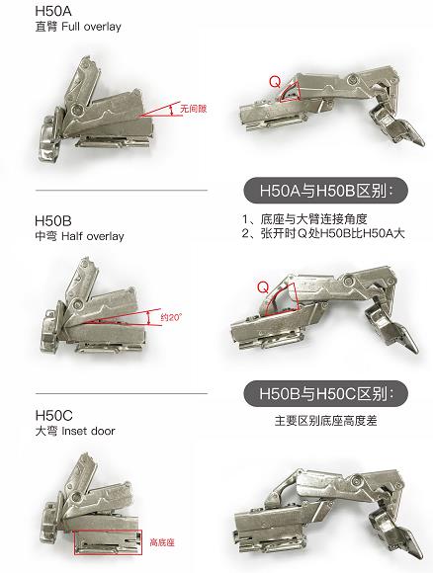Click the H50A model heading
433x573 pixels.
pos(53,11)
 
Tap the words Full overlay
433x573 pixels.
pos(91,27)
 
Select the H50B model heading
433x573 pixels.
pos(53,220)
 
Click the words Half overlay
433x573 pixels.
pos(93,236)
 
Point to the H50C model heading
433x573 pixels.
pos(54,416)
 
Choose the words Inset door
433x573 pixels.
pos(88,431)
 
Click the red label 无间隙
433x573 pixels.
pos(194,109)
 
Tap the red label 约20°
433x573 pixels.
pos(171,317)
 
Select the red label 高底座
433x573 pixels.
pos(162,542)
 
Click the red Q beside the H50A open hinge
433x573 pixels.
pos(275,81)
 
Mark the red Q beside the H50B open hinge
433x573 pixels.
pos(263,287)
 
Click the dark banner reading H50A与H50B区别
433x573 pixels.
pos(325,191)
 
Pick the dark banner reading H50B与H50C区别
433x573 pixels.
pos(325,393)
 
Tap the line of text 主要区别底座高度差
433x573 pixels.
pos(325,421)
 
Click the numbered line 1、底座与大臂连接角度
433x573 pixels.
pos(304,219)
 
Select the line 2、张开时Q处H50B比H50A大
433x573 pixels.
pos(323,233)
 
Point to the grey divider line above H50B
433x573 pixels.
pos(122,191)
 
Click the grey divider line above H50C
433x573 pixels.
pos(122,394)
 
